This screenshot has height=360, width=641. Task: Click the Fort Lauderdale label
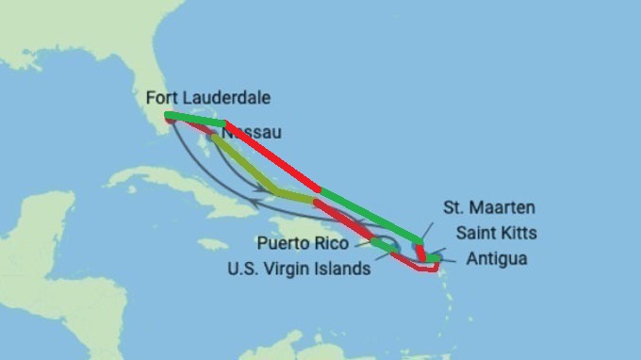click(x=208, y=98)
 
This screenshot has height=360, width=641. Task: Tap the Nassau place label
click(x=251, y=134)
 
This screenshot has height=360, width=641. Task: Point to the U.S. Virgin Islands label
click(x=299, y=269)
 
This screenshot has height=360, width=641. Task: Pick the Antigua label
click(x=495, y=257)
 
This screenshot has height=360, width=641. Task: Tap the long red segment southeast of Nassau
click(x=273, y=156)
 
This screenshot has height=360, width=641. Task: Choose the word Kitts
click(x=514, y=232)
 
